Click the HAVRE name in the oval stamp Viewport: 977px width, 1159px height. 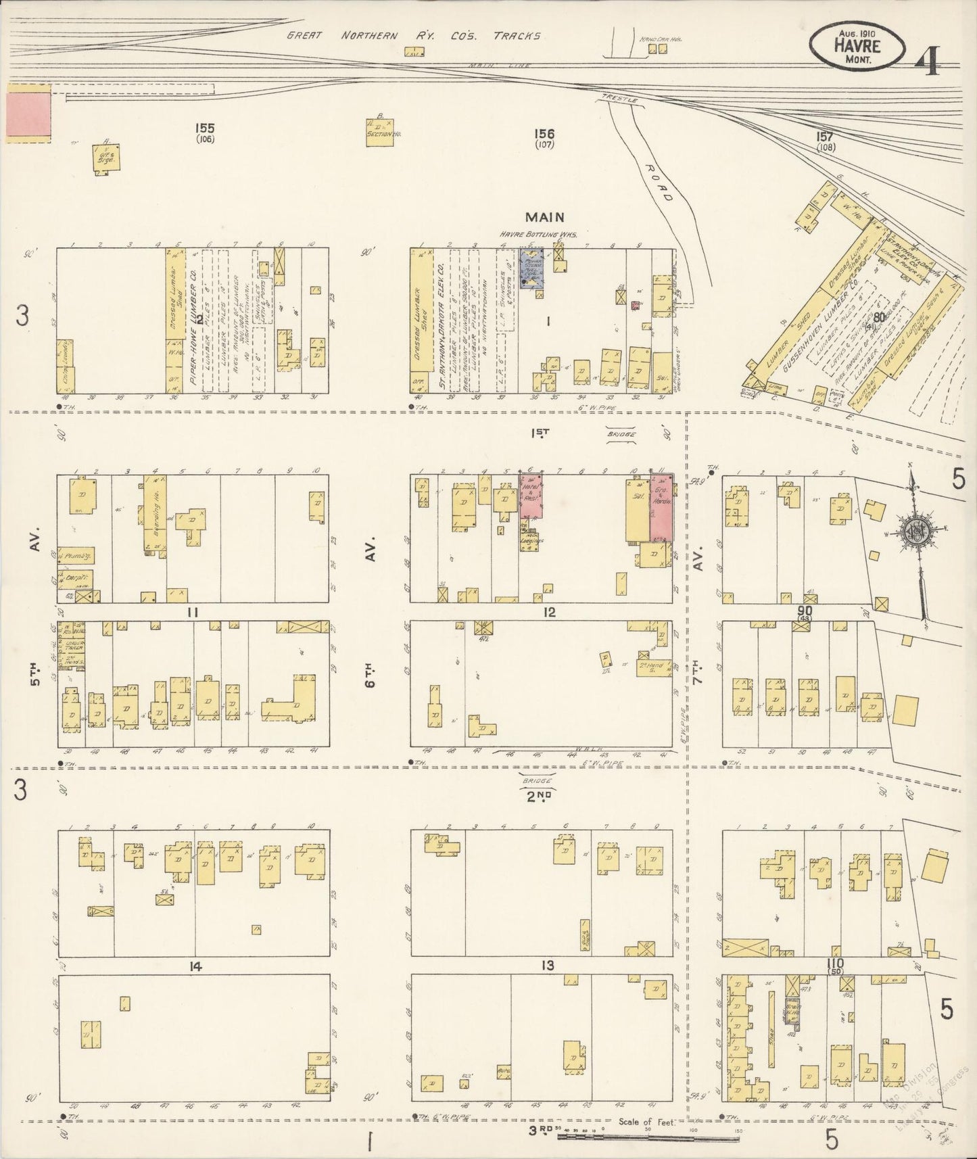[x=857, y=46]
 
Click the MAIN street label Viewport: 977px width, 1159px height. [x=545, y=217]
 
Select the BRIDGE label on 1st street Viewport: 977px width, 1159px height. [x=620, y=434]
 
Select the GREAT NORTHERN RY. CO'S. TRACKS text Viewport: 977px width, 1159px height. [x=414, y=36]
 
